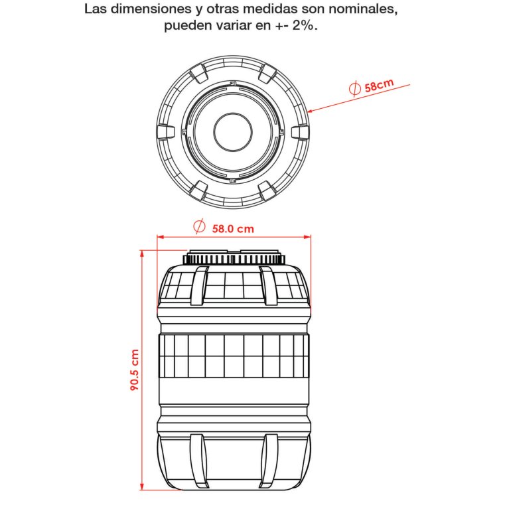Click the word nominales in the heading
pyautogui.click(x=362, y=9)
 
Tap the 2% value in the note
pyautogui.click(x=303, y=25)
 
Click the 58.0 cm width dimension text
pyautogui.click(x=233, y=229)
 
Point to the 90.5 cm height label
pyautogui.click(x=134, y=370)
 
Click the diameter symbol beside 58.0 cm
pyautogui.click(x=199, y=226)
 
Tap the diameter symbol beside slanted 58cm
pyautogui.click(x=355, y=88)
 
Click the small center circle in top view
pyautogui.click(x=233, y=132)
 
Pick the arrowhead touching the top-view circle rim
pyautogui.click(x=311, y=111)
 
